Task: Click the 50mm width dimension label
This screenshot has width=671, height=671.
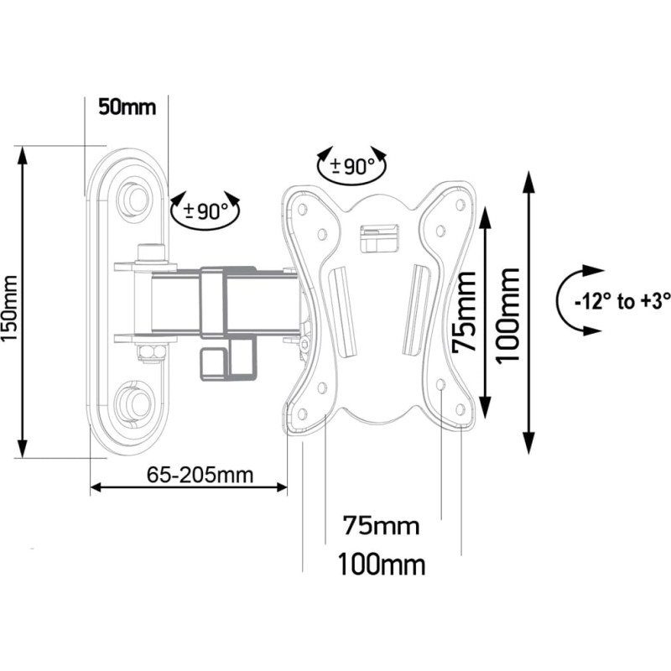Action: tap(127, 107)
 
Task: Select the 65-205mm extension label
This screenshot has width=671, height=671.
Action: tap(200, 475)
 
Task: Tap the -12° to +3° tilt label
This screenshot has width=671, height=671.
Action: tap(622, 302)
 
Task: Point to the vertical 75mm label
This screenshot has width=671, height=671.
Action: tap(465, 312)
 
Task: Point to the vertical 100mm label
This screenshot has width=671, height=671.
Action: tap(508, 316)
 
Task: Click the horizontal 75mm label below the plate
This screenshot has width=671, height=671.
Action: tap(381, 526)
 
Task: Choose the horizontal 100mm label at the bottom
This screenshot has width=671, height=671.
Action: tap(382, 564)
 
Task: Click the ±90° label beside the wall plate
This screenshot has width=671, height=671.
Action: tap(206, 211)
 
